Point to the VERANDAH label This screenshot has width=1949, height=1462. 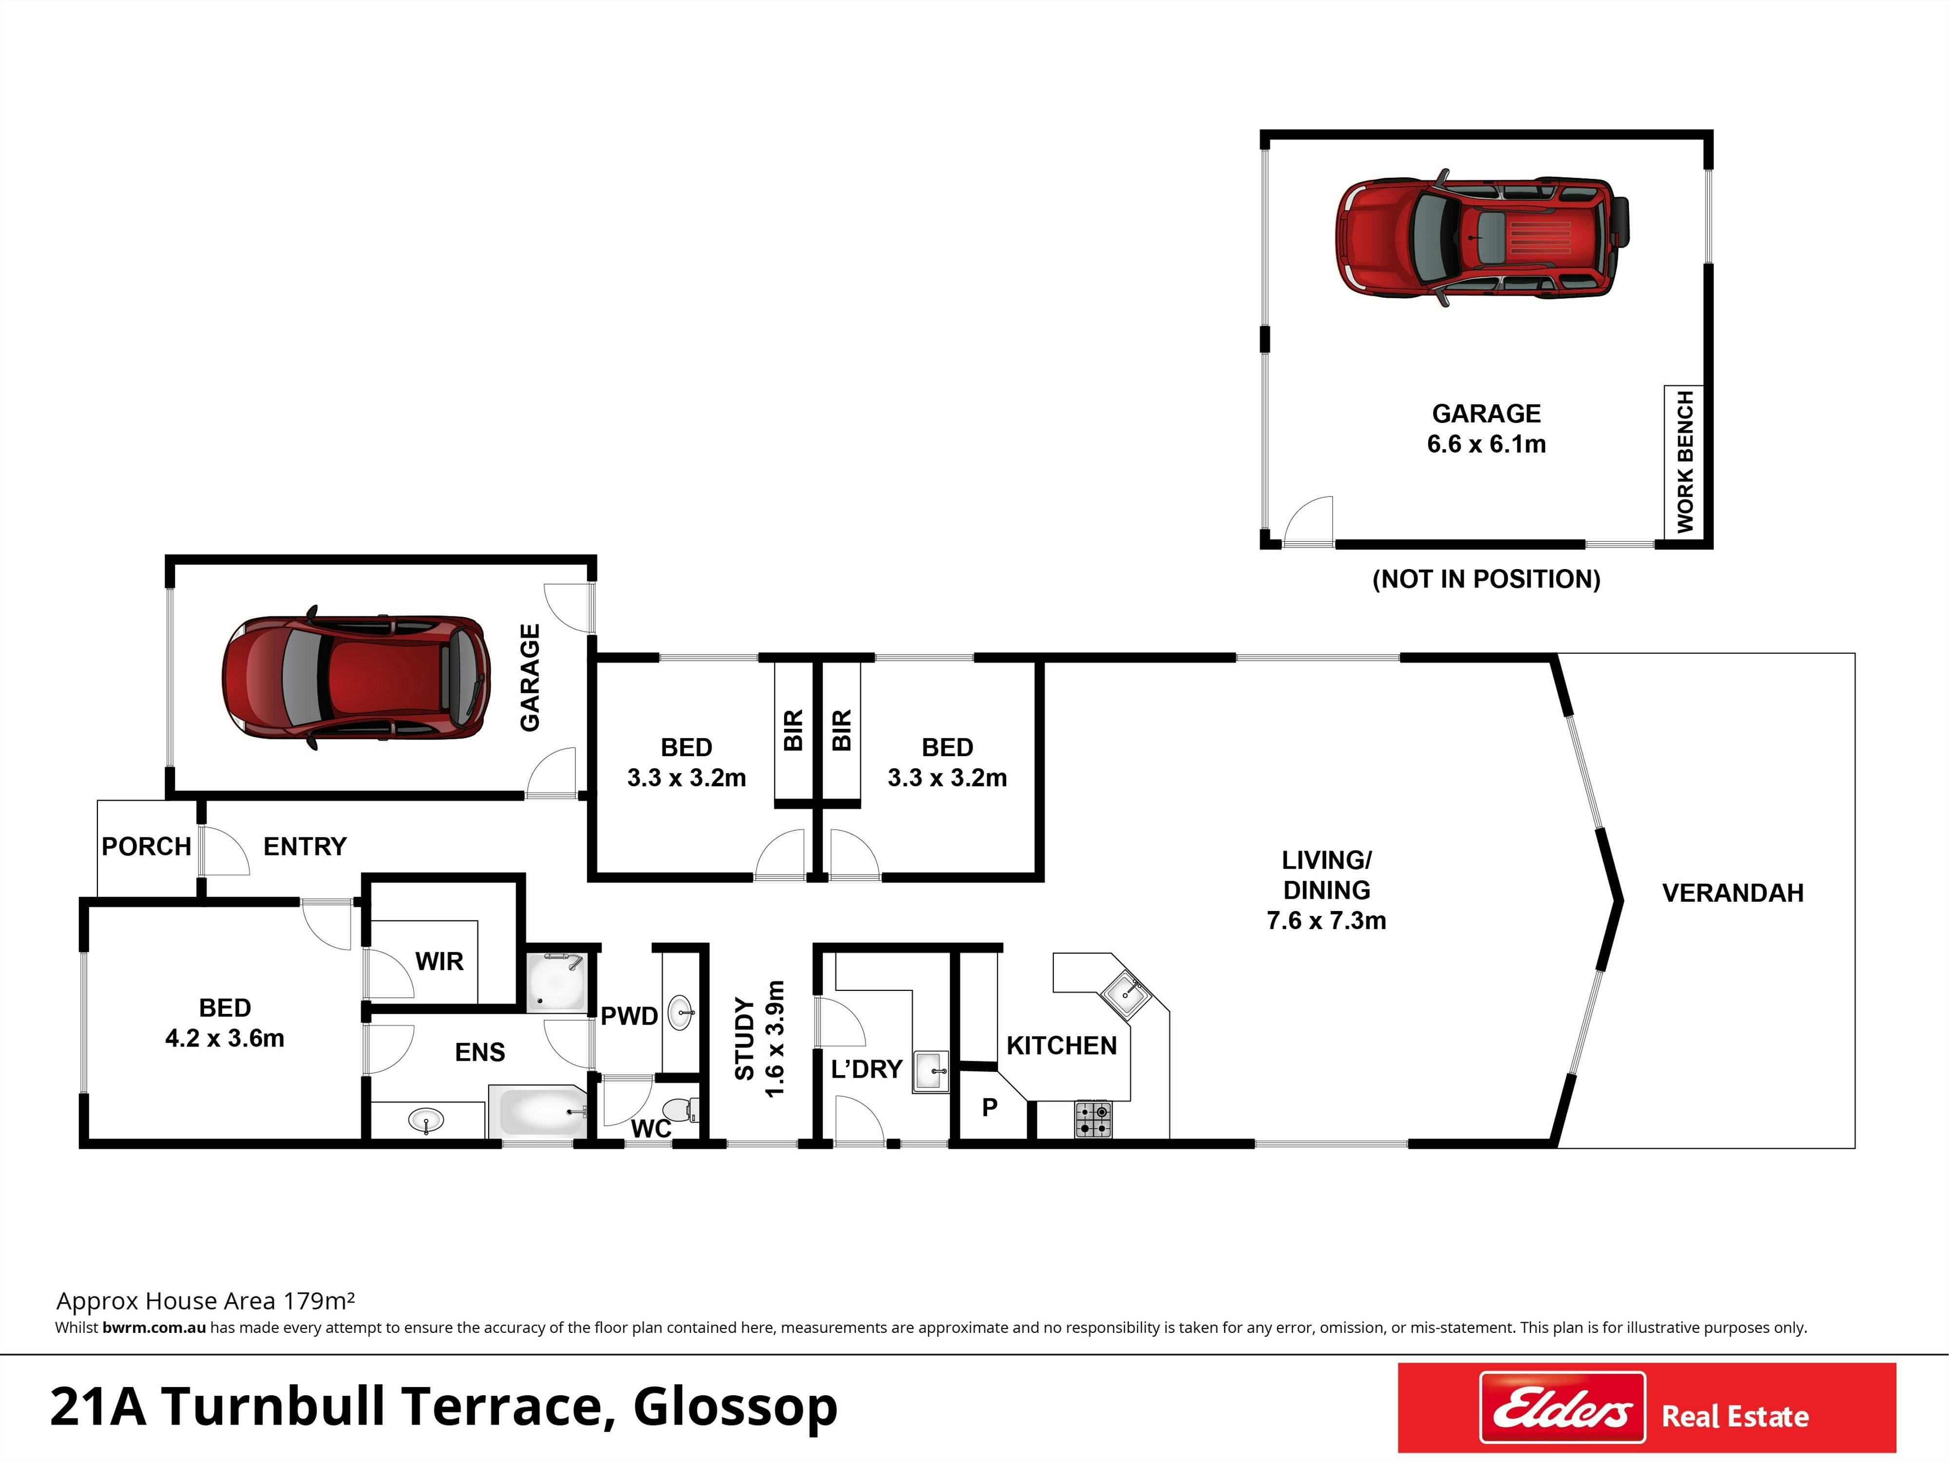click(x=1732, y=893)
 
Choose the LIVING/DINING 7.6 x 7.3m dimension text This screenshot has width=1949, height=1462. click(x=1326, y=920)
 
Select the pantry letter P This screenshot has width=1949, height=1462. click(x=990, y=1107)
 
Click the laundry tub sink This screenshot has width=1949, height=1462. click(x=931, y=1071)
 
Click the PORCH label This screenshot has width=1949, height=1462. click(x=146, y=846)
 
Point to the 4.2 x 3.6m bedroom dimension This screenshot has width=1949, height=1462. click(x=225, y=1038)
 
